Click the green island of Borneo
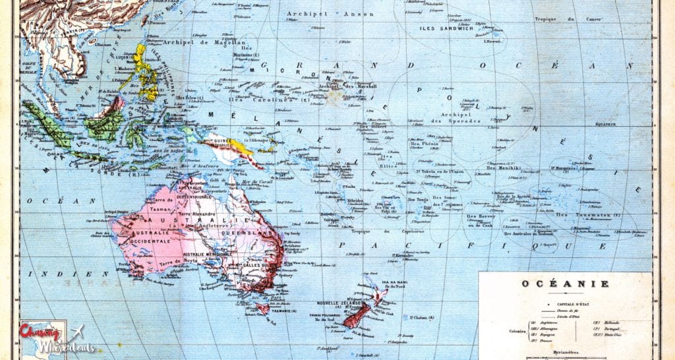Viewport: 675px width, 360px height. tap(105, 121)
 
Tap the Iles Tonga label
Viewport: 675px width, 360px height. tap(417, 200)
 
